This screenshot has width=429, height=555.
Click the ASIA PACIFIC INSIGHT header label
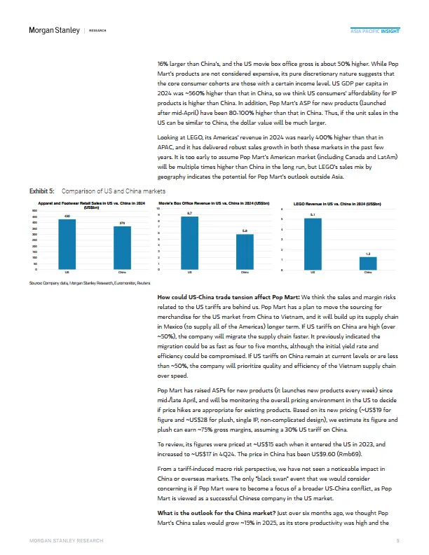coord(375,31)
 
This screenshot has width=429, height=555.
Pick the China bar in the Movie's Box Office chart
coord(244,252)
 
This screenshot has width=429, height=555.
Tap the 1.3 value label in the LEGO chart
coord(368,253)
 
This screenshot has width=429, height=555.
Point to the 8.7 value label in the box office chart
coord(189,212)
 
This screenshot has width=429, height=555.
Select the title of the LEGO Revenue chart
coord(337,203)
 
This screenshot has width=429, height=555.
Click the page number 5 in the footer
coord(397,541)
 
